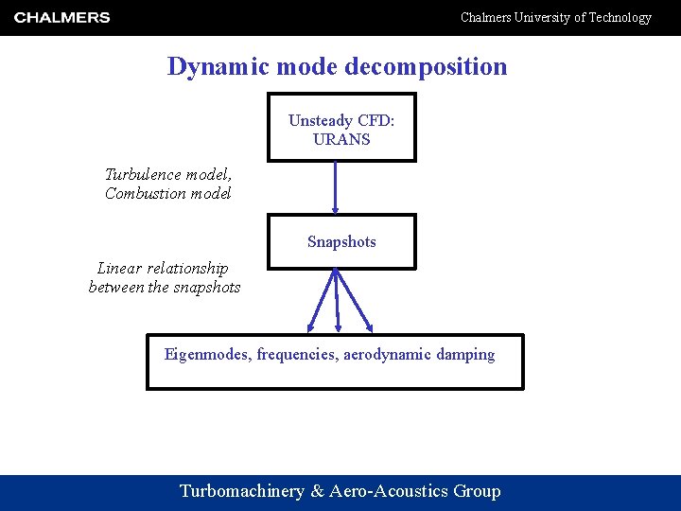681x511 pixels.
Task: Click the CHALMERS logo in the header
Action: [62, 17]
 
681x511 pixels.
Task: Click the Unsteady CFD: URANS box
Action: [341, 128]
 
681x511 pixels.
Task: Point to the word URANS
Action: [341, 139]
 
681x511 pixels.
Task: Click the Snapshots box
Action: [341, 241]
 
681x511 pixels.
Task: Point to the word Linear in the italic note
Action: [118, 269]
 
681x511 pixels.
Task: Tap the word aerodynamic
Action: [388, 355]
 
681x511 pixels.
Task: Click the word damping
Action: [466, 355]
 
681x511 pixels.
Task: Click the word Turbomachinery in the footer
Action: [242, 491]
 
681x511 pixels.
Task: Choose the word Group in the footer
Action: [477, 491]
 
